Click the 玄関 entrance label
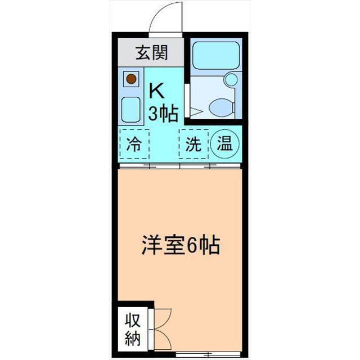pyautogui.click(x=151, y=54)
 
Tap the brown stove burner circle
pyautogui.click(x=131, y=79)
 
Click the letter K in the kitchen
pyautogui.click(x=156, y=90)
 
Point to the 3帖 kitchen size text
pyautogui.click(x=163, y=113)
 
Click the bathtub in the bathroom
pyautogui.click(x=216, y=56)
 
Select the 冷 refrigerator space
pyautogui.click(x=133, y=145)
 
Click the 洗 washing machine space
pyautogui.click(x=193, y=145)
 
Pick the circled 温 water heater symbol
pyautogui.click(x=225, y=144)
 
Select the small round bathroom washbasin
pyautogui.click(x=231, y=80)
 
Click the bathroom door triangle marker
pyautogui.click(x=191, y=112)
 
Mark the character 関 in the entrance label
pyautogui.click(x=159, y=54)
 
